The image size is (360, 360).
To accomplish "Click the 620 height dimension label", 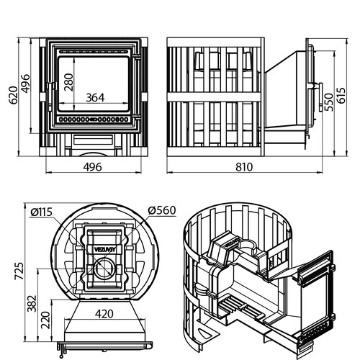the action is [x=14, y=95].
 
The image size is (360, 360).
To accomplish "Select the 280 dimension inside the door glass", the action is [x=68, y=82].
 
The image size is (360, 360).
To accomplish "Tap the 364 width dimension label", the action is [x=95, y=98].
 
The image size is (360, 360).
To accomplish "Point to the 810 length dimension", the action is [x=244, y=167].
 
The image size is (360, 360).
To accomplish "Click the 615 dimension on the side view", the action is [x=341, y=95].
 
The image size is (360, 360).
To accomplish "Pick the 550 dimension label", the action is [x=329, y=102].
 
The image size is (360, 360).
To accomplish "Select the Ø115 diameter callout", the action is [x=42, y=212].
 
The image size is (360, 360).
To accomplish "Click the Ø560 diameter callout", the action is [x=162, y=210].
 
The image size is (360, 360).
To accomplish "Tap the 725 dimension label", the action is [x=19, y=271].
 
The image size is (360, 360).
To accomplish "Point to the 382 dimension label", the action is [x=32, y=303].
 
